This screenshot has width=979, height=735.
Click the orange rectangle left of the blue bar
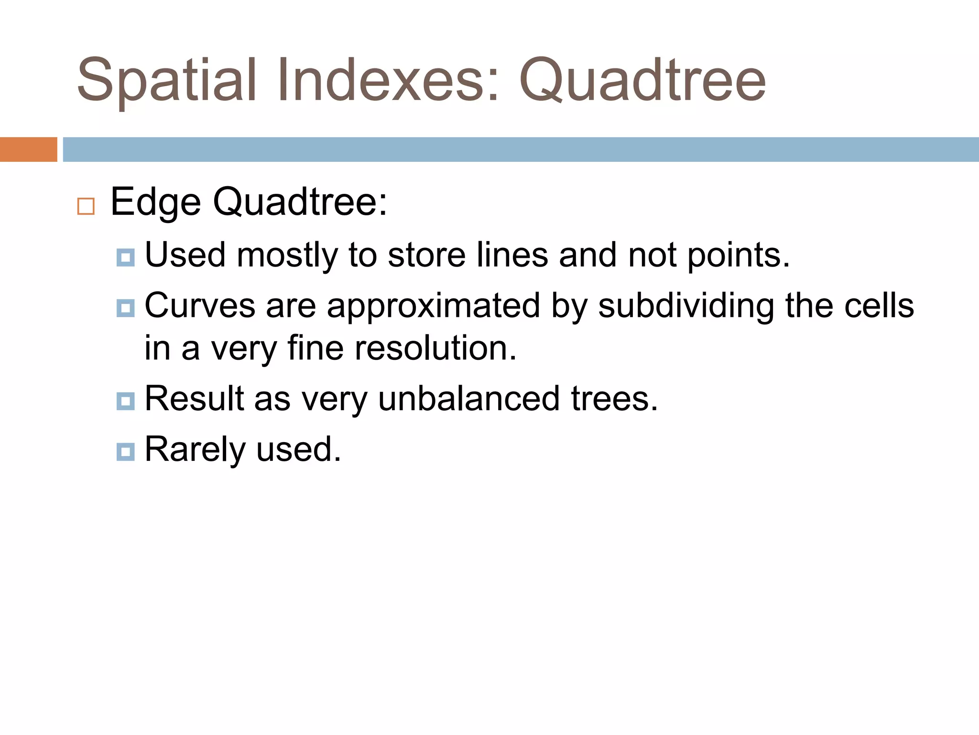pyautogui.click(x=28, y=149)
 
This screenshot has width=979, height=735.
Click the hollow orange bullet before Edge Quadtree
pyautogui.click(x=86, y=206)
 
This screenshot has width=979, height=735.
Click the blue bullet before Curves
pyautogui.click(x=125, y=308)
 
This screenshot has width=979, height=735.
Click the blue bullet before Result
pyautogui.click(x=125, y=401)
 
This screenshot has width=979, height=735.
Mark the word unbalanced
pyautogui.click(x=468, y=398)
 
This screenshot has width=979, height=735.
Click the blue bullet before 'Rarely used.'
pyautogui.click(x=125, y=452)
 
